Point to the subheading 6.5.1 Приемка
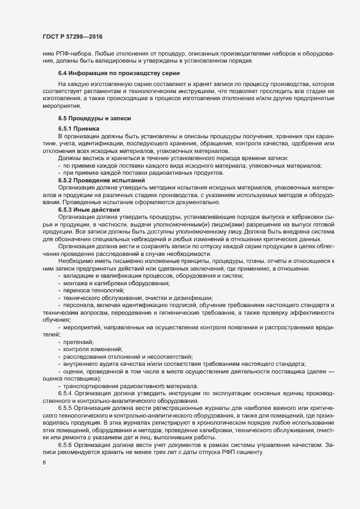[x=78, y=128]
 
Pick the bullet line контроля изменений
[x=92, y=348]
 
